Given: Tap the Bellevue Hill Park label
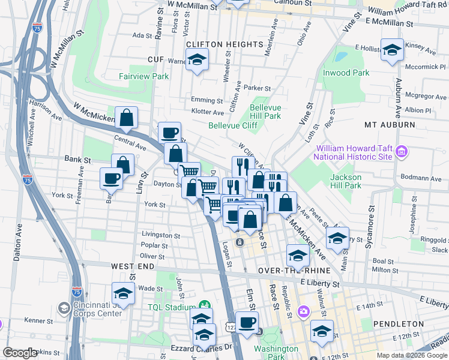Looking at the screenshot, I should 265,112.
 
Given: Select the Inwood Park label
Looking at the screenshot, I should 345,73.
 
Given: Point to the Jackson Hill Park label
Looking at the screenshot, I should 346,181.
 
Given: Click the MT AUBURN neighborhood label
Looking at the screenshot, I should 390,125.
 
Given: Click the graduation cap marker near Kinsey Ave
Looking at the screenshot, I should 392,51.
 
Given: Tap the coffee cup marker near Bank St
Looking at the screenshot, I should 112,178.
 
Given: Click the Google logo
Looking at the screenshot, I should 20,353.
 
